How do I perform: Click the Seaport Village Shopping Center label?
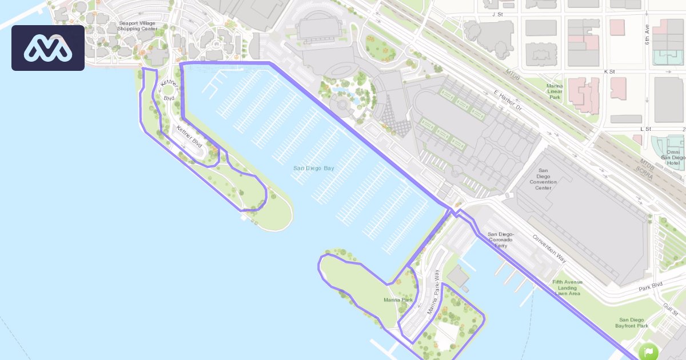[x=138, y=26]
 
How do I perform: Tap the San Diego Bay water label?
[x=313, y=168]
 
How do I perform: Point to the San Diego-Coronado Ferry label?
[x=501, y=240]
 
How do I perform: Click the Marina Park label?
[x=399, y=299]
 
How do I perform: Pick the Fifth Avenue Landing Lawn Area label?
[x=567, y=287]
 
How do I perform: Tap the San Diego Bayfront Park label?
[x=632, y=323]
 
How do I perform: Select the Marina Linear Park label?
[x=554, y=91]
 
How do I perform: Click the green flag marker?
[x=649, y=351]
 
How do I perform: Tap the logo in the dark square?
[x=48, y=48]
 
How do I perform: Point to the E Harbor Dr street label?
[x=508, y=101]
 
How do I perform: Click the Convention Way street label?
[x=549, y=249]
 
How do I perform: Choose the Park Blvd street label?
[x=650, y=285]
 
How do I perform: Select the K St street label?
[x=609, y=72]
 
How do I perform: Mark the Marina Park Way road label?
[x=433, y=291]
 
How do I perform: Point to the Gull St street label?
[x=672, y=309]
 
